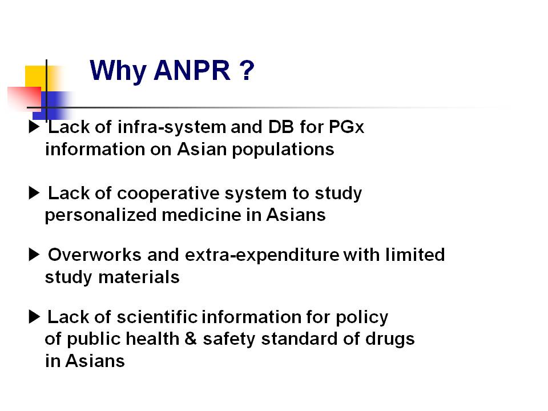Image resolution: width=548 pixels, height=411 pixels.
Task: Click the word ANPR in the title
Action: point(192,70)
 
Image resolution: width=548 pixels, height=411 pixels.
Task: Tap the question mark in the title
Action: point(247,70)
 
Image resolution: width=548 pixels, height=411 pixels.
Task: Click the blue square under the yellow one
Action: point(49,106)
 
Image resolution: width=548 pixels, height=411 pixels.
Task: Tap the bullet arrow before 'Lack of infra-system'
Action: point(34,127)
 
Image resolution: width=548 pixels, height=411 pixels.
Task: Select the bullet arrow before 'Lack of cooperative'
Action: point(34,193)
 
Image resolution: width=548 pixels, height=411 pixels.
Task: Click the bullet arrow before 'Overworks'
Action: point(34,255)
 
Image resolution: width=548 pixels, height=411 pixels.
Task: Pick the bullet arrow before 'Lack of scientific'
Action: point(34,317)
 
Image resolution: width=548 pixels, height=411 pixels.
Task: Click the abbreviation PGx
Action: point(346,127)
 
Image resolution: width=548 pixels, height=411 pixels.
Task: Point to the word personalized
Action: point(100,216)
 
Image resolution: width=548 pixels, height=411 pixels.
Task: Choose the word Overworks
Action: point(94,255)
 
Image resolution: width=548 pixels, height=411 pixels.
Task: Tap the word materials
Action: point(139,277)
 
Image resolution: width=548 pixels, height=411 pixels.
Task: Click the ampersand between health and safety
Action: point(191,339)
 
